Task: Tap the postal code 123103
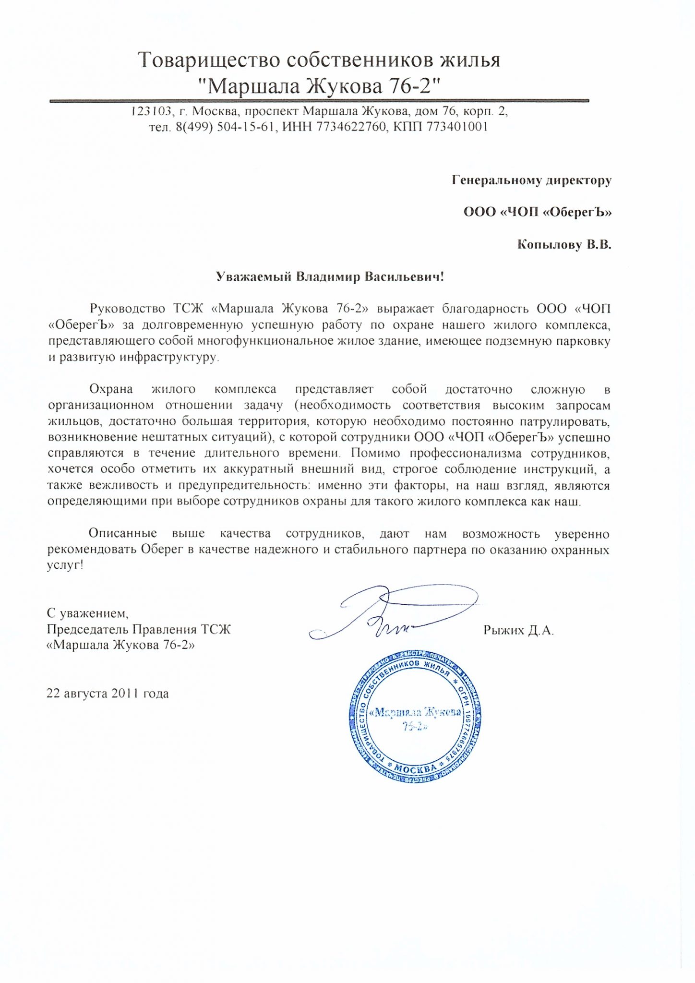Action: coord(151,112)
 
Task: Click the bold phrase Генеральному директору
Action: coord(531,180)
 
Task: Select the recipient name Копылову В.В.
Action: coord(564,245)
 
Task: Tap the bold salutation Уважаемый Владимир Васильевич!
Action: coord(330,277)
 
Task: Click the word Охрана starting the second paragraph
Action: coord(111,389)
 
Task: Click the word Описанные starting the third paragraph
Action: coord(122,534)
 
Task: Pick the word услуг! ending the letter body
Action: coord(65,565)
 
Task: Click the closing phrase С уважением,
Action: coord(87,613)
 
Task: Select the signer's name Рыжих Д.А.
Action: coord(518,631)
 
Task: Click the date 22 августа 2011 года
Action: coord(108,694)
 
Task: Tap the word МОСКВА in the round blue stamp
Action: coord(415,768)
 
